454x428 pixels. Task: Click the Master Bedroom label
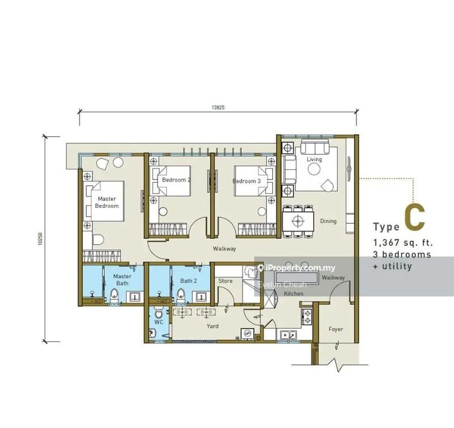107,203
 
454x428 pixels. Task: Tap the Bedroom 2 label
176,181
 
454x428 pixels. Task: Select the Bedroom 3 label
246,181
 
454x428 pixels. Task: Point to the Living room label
314,160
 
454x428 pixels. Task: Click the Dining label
328,221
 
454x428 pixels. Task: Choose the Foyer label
335,329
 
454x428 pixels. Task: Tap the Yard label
213,326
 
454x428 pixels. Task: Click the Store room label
225,280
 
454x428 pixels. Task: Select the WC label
158,322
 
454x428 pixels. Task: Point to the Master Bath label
123,279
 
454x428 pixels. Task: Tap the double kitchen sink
288,334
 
